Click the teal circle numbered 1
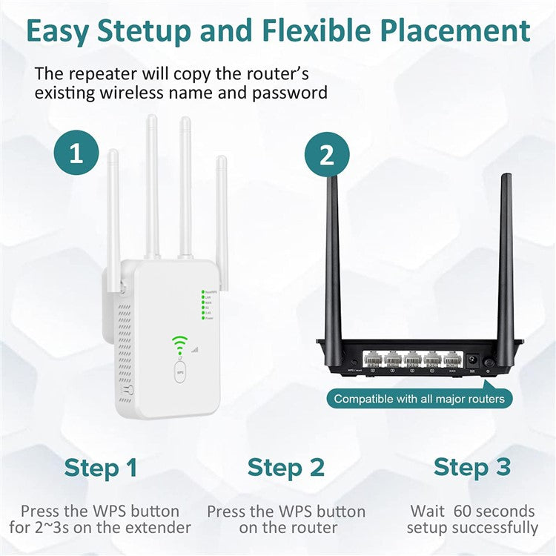76,154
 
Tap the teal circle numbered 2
326,154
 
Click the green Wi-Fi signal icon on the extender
180,342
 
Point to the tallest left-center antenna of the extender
152,185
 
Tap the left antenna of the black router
333,259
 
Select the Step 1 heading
101,468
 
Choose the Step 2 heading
285,468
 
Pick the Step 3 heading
472,468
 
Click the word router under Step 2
312,528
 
